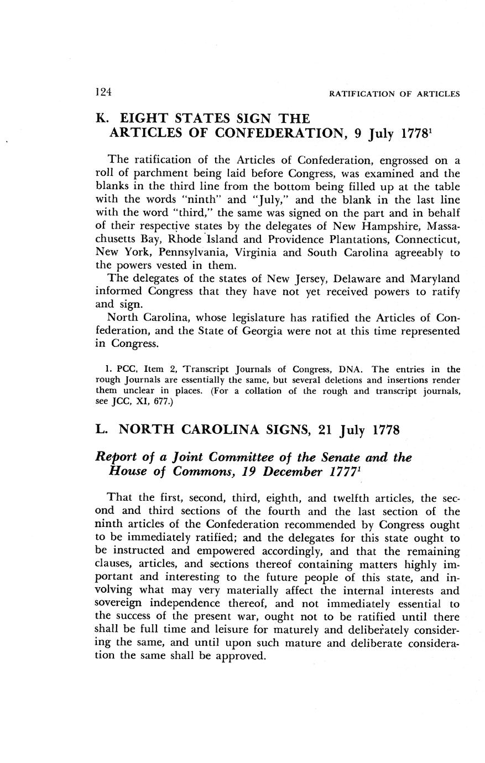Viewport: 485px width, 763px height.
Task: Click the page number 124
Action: pyautogui.click(x=103, y=92)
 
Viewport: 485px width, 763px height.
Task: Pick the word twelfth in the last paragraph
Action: pyautogui.click(x=352, y=498)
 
